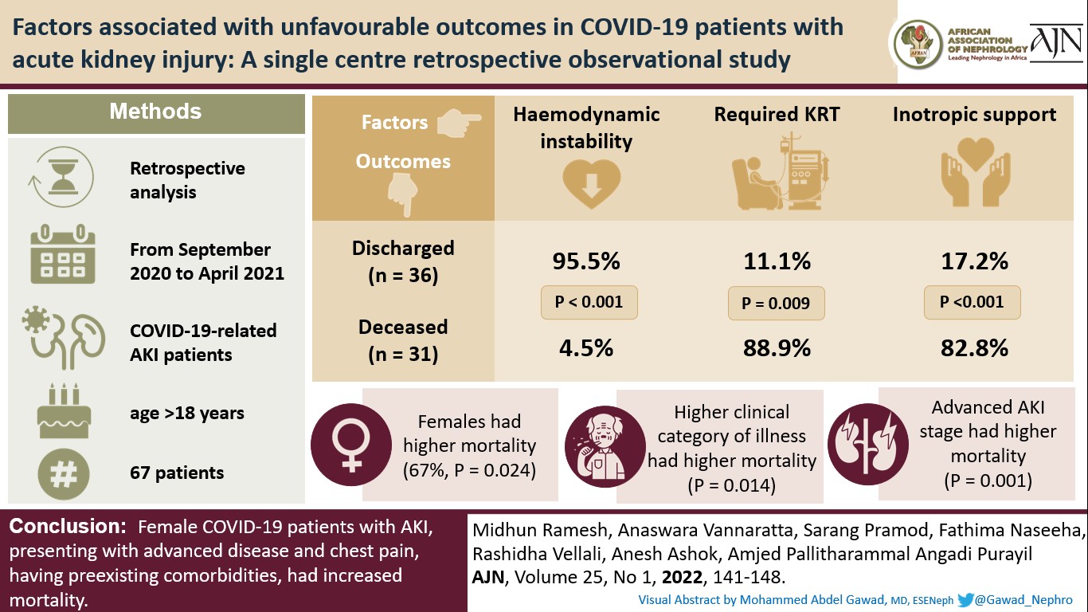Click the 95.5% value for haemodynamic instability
coord(585,261)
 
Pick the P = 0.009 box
coord(776,303)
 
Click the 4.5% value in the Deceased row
coord(585,347)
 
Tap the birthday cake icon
coord(64,410)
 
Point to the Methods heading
coord(155,112)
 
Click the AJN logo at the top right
coord(1055,44)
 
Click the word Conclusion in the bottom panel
coord(64,527)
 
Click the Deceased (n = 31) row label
coord(402,340)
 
